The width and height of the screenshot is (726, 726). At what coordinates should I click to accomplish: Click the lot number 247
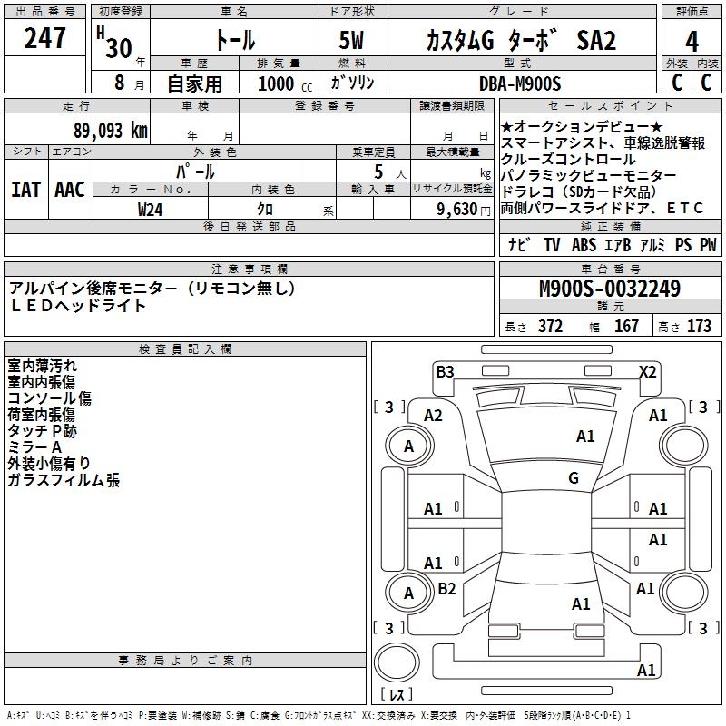coord(45,38)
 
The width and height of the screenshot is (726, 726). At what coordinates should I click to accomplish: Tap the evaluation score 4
coord(692,41)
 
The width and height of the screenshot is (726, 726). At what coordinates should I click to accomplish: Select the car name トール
coord(234,40)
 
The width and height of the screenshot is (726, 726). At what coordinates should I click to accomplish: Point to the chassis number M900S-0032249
coord(609,289)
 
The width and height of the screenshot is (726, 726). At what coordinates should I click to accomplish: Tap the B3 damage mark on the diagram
coord(445,371)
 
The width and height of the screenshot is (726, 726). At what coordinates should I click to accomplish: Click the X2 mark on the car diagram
coord(648,371)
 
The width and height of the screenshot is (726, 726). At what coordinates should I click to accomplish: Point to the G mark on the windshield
coord(574,478)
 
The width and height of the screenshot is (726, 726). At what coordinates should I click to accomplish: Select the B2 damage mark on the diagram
coord(446,589)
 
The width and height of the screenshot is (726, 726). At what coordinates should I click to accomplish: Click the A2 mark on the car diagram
coord(433,416)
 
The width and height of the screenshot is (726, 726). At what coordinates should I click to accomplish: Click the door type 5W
coord(353,41)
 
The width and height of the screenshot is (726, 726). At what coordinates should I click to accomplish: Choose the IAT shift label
coord(25,189)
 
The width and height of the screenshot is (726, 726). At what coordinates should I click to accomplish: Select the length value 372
coord(550,327)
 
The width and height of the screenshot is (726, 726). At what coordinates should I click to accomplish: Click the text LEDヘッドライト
coord(77,306)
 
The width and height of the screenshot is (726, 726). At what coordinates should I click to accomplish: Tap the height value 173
coord(699,327)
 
